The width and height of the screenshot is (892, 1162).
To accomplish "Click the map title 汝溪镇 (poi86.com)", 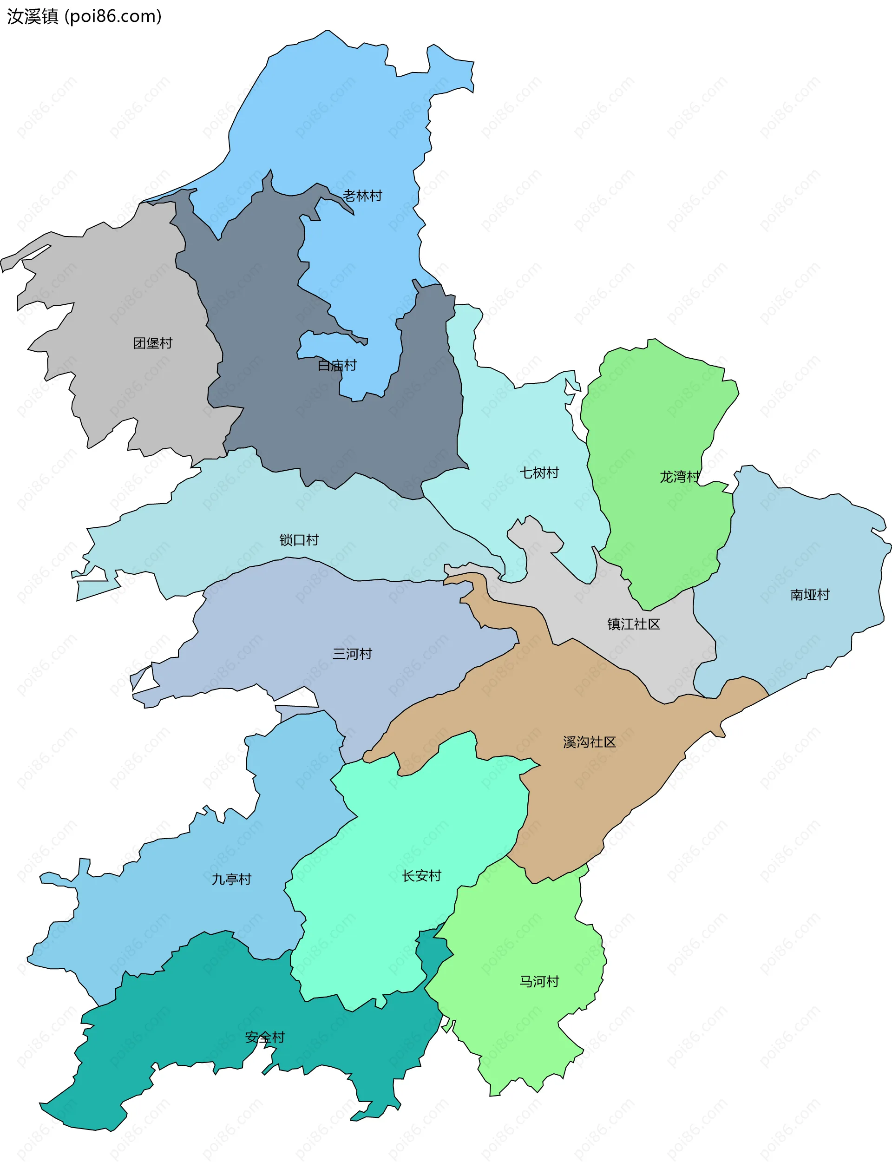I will (84, 16).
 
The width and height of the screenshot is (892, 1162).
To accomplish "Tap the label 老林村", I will (362, 196).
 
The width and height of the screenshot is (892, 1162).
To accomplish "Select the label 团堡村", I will (152, 343).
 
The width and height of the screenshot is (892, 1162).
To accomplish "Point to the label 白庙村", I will (337, 365).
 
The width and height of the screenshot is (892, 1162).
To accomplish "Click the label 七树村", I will (539, 473).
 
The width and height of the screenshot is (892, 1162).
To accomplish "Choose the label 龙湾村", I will (680, 477).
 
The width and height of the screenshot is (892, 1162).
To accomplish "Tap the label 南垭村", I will (809, 595).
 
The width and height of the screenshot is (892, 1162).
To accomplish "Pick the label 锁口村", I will (299, 540).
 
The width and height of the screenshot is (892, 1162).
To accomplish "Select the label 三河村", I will (352, 653).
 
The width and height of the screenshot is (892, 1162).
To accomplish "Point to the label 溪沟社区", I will (590, 742).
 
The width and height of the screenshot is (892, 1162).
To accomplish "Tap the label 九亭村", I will (231, 879).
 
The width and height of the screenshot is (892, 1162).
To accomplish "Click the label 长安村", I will (421, 876).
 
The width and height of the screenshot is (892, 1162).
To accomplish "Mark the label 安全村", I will (265, 1037).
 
